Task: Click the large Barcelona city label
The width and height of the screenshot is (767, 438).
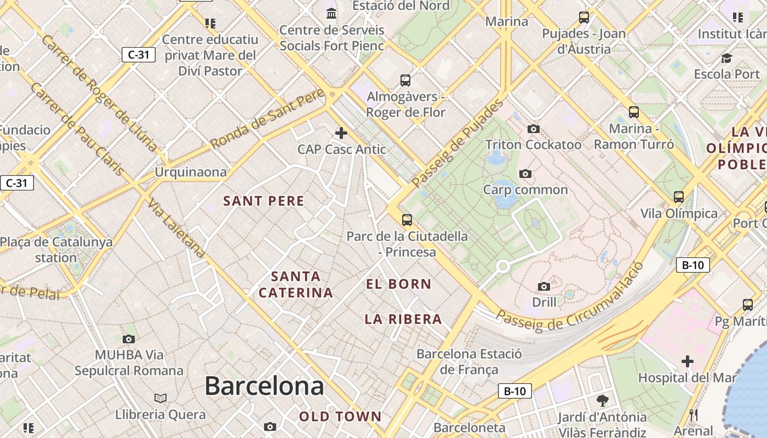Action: [x=264, y=387]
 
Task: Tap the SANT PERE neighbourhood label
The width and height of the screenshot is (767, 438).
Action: [x=264, y=201]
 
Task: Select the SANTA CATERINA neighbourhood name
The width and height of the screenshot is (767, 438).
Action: [x=296, y=284]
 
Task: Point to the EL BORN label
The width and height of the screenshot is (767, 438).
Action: [x=399, y=284]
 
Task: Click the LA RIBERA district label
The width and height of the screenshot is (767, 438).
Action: [x=403, y=319]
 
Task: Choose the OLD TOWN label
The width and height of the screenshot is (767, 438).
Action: [x=340, y=417]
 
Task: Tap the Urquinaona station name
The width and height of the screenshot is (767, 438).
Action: [x=191, y=172]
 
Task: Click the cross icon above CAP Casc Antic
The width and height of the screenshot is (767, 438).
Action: [x=341, y=133]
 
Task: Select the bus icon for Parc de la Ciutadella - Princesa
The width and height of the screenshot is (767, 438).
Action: [x=407, y=220]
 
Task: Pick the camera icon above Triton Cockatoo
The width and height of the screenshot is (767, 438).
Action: [x=533, y=129]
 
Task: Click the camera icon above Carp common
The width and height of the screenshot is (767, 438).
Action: [x=525, y=174]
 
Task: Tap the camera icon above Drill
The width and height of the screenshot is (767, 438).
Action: [x=544, y=286]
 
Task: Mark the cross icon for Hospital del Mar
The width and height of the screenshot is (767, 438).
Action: [x=688, y=361]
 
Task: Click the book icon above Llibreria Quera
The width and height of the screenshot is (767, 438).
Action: [x=161, y=398]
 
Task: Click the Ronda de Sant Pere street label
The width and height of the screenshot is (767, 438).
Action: [x=268, y=118]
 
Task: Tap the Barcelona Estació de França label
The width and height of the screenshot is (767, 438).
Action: [x=470, y=361]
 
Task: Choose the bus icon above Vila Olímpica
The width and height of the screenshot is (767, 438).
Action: [x=679, y=197]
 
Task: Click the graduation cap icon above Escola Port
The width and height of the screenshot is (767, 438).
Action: [x=726, y=58]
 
